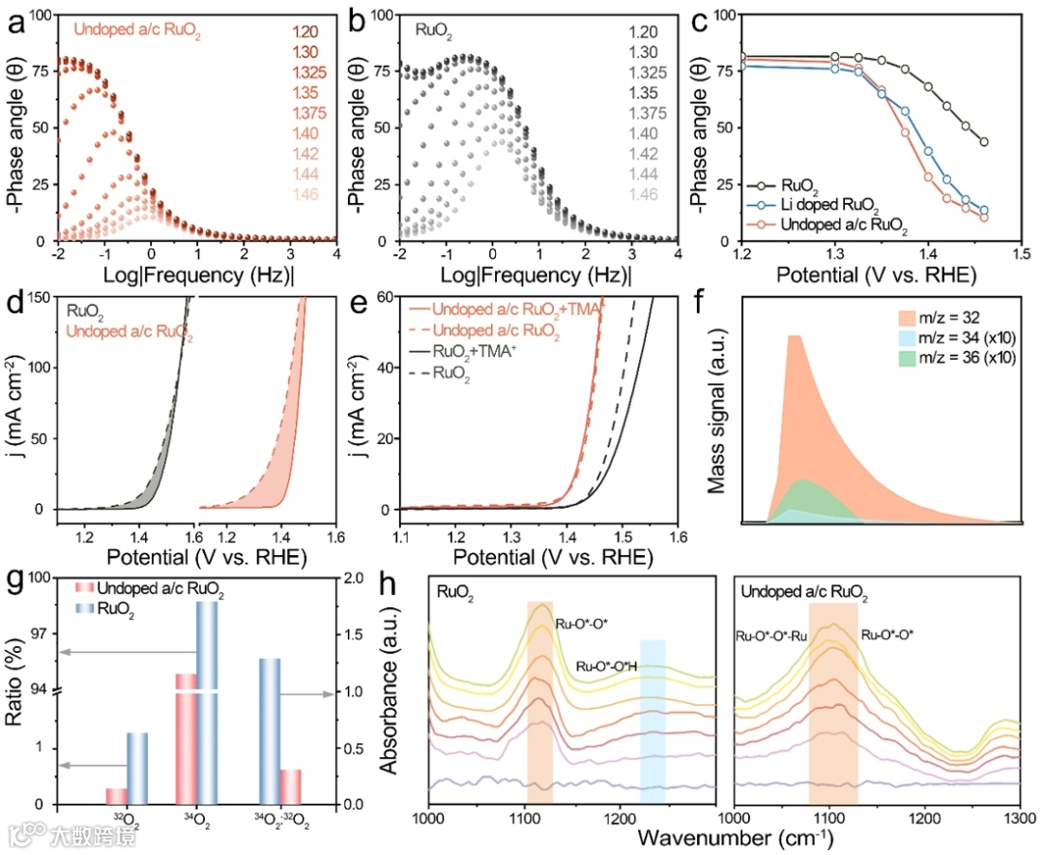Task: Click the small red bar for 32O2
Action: [116, 796]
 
